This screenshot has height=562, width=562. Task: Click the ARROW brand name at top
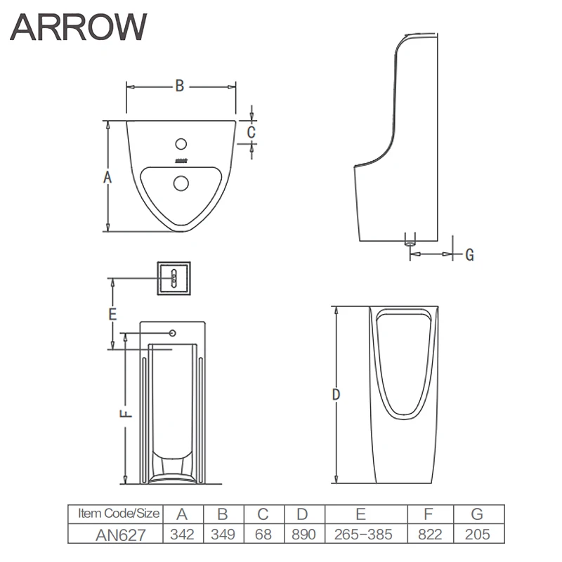(79, 27)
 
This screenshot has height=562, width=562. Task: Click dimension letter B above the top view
(180, 86)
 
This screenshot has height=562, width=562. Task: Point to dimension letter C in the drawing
(251, 131)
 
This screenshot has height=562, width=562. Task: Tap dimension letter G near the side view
(469, 254)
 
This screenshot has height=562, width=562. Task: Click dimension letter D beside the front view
(336, 396)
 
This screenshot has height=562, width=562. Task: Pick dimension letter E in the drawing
(112, 315)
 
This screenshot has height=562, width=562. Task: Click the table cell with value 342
(183, 534)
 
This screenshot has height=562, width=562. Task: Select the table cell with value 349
(223, 534)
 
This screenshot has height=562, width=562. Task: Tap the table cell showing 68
(263, 534)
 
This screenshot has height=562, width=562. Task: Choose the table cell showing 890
(303, 534)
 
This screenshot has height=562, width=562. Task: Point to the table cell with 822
(429, 534)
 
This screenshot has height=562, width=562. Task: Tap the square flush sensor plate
(173, 279)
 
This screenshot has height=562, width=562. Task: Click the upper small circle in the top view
(181, 145)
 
